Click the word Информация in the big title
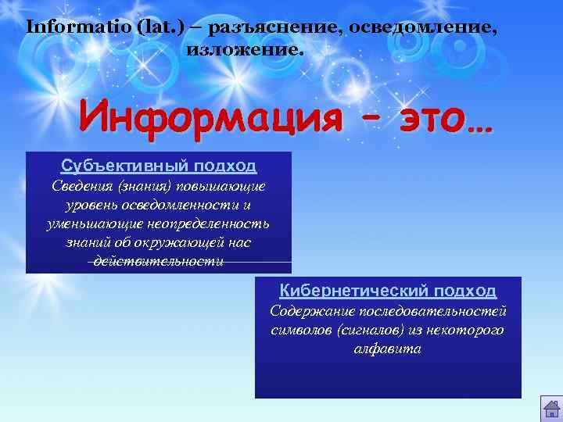coord(211,119)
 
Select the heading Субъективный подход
coord(159,166)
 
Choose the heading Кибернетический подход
coord(389,291)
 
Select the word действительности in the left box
coord(159,261)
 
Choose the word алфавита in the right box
coord(388,349)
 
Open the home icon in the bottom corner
coord(550,407)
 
